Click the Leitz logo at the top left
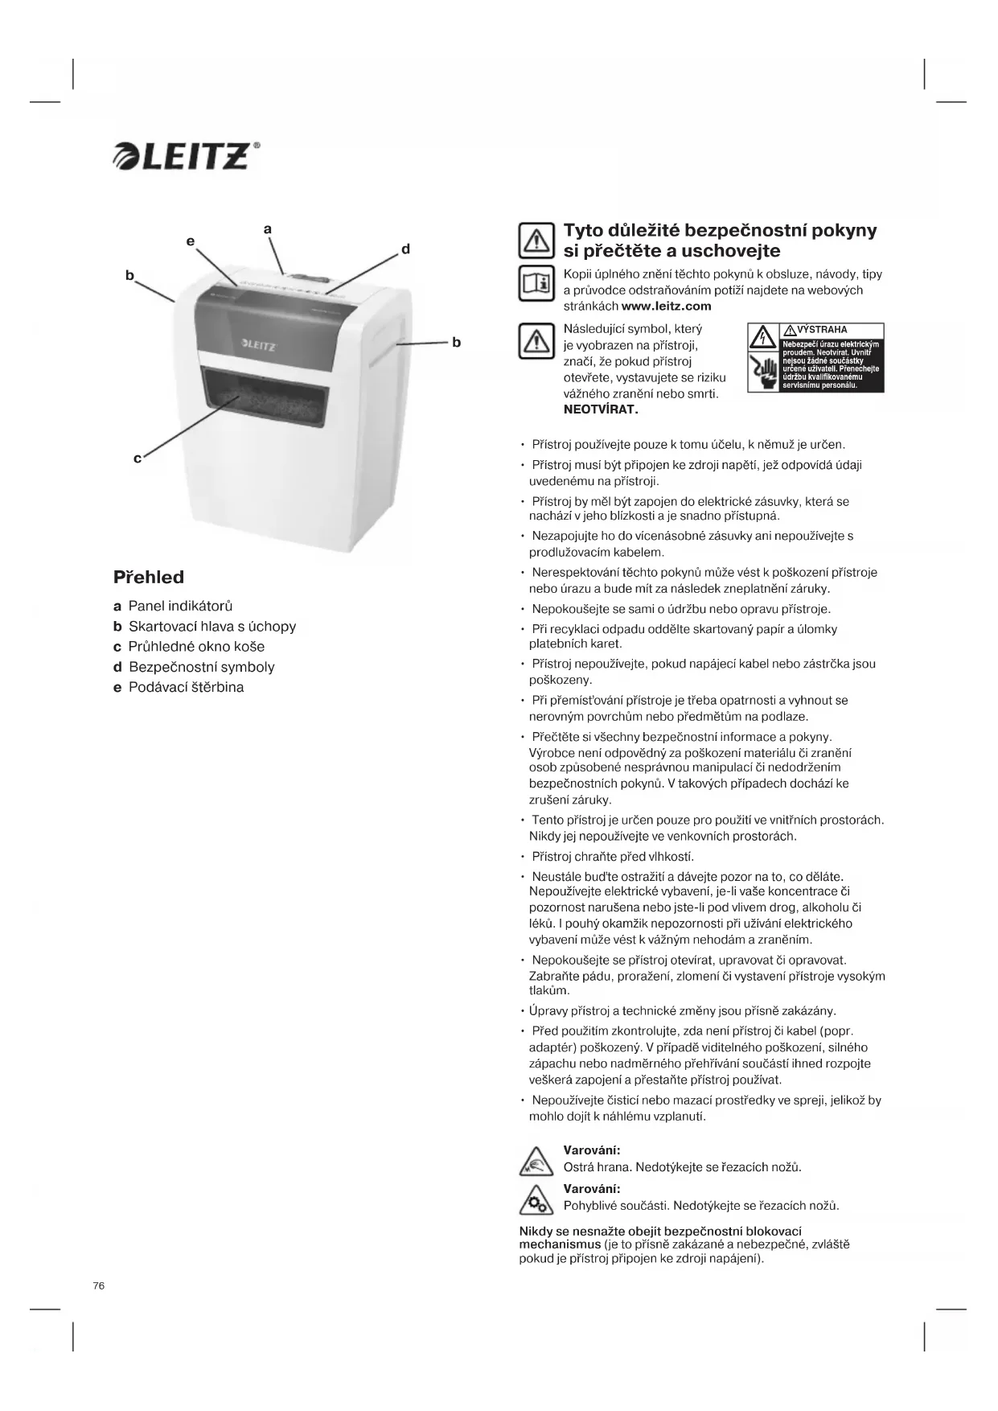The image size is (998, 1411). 187,156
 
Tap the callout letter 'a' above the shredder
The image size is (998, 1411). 268,229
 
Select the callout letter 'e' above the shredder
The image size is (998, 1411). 191,241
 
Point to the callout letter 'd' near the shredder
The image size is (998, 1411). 406,249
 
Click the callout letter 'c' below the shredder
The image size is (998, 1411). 138,458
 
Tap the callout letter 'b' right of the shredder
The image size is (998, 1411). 456,342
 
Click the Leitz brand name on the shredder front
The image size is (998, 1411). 259,346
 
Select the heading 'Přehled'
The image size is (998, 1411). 149,577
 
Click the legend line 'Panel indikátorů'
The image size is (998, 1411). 180,606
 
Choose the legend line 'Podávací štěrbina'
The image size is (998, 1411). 186,687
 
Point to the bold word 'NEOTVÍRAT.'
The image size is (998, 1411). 601,409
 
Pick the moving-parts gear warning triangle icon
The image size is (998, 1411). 536,1201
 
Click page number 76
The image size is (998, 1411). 99,1286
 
